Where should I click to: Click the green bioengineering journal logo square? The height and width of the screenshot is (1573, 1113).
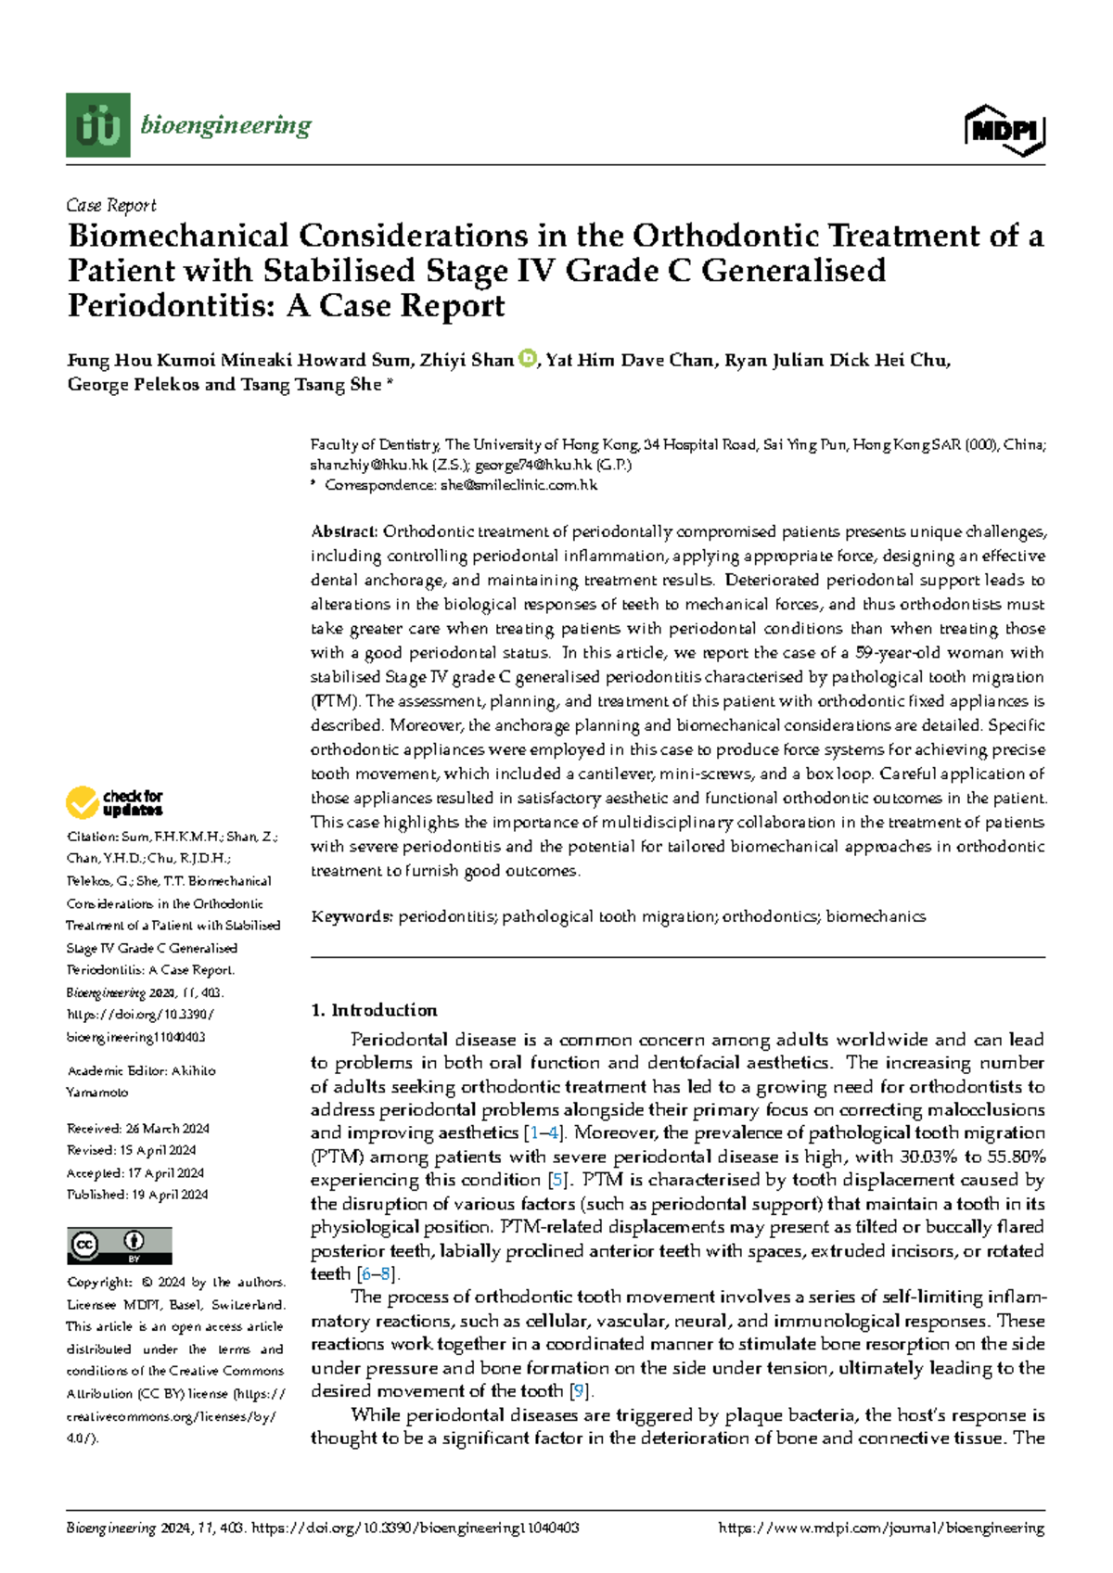pos(97,125)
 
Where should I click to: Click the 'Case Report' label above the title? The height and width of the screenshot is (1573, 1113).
pos(111,205)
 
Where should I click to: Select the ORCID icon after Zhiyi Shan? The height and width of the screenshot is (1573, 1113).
pos(527,359)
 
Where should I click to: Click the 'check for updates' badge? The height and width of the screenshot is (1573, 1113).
pos(114,802)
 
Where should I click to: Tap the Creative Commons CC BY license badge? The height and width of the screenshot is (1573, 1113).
pos(119,1246)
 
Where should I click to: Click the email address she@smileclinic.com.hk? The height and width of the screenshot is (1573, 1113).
pos(519,485)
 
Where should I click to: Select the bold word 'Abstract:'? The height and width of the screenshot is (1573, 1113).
pos(344,532)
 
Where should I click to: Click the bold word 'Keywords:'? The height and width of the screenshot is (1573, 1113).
pos(352,917)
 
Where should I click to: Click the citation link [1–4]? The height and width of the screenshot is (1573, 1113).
pos(543,1133)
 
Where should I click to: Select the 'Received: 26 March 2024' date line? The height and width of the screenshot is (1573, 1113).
pos(137,1129)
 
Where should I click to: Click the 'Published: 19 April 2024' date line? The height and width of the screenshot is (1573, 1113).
pos(137,1195)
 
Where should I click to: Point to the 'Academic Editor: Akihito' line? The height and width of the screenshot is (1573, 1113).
pos(141,1070)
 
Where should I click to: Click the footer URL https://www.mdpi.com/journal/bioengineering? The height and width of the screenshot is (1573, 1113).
pos(881,1528)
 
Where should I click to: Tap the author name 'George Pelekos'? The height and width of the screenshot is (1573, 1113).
pos(133,385)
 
